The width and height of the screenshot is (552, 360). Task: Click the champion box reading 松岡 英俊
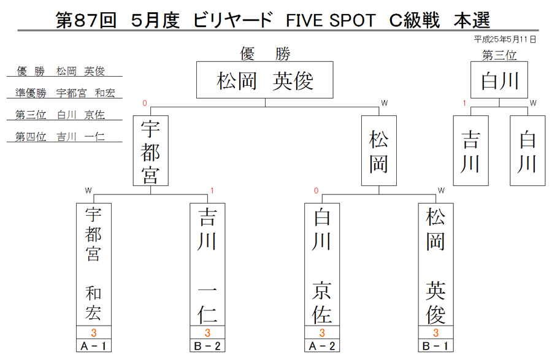tap(265, 80)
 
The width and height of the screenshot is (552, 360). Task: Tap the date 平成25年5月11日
tap(505, 39)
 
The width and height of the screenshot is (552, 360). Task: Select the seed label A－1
tap(94, 345)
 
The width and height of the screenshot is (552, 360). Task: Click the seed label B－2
tap(207, 345)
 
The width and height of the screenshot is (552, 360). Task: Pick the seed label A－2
tap(322, 345)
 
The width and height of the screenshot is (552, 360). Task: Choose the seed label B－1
tap(435, 345)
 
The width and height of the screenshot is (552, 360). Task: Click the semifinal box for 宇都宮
tap(151, 151)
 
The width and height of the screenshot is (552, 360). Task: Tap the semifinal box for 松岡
tap(379, 151)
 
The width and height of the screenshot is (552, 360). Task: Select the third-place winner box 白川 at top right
tap(499, 80)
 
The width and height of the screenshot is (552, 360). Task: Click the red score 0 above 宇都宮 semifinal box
tap(144, 103)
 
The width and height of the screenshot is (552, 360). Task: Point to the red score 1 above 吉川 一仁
tap(212, 191)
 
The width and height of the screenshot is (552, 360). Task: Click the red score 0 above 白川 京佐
tap(316, 191)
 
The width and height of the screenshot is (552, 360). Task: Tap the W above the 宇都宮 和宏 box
tap(88, 191)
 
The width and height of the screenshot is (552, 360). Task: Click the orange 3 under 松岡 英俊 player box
tap(436, 332)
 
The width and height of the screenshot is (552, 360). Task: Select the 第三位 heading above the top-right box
tap(499, 55)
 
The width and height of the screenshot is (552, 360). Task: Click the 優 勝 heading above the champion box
tap(265, 54)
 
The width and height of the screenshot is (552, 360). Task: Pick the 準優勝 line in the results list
tap(65, 93)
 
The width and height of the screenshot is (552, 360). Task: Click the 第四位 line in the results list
tap(60, 137)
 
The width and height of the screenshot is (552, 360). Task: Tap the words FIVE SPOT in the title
tap(331, 20)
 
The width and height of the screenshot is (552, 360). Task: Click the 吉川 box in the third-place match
tap(470, 151)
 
